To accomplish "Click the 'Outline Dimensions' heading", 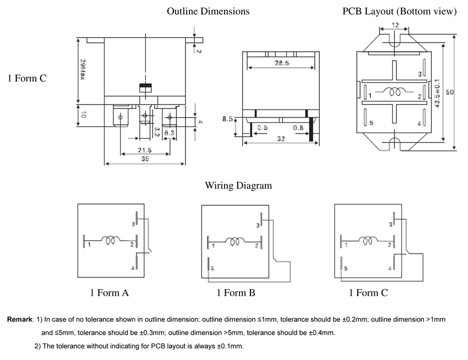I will [x=208, y=11].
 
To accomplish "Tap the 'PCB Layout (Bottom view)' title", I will [x=399, y=11].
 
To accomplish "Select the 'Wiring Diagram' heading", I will [x=238, y=186].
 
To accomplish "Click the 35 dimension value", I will [x=145, y=159].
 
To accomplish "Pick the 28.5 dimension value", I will [x=282, y=63].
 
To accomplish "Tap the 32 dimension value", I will [x=281, y=139].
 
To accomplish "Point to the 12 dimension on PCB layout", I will [x=395, y=25].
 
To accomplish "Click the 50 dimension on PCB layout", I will [x=449, y=92].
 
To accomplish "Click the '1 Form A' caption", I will [x=110, y=293].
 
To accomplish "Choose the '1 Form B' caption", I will [x=236, y=293].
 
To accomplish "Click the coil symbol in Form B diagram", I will [x=236, y=241].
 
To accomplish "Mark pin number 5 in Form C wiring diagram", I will [x=346, y=269].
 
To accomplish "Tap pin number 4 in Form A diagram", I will [x=133, y=268].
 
